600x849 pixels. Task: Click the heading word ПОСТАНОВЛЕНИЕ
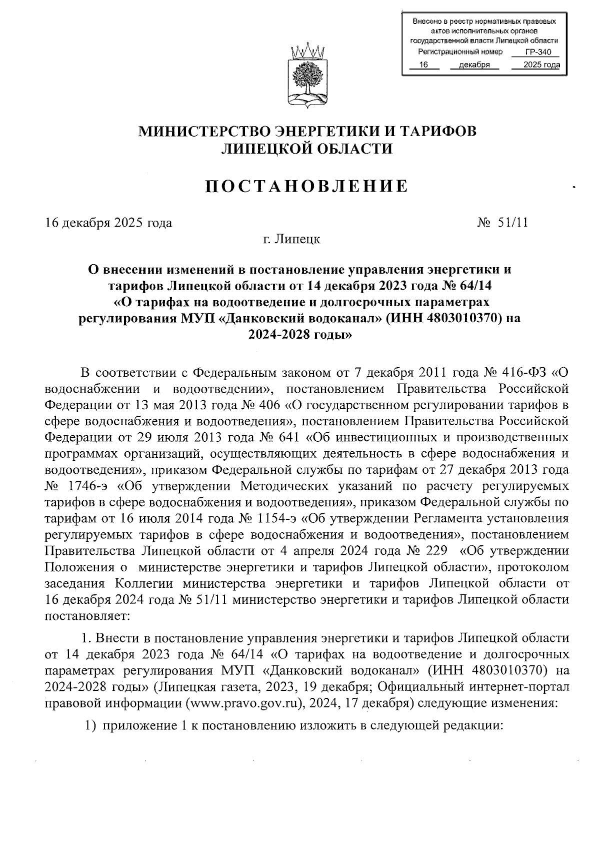coord(307,186)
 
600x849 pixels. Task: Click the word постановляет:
coord(87,615)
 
